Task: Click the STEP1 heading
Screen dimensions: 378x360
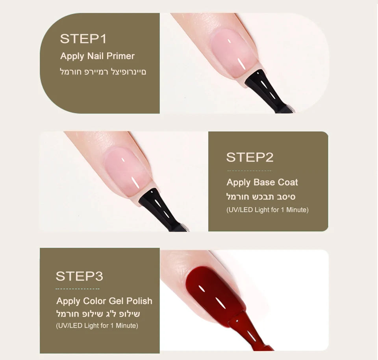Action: (x=83, y=39)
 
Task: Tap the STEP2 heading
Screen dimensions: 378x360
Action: (x=250, y=157)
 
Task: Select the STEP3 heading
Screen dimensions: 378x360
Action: (x=79, y=276)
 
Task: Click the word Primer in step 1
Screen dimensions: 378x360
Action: (x=120, y=56)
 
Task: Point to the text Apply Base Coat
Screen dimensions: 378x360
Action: (x=262, y=182)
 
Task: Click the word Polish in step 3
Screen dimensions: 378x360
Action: (x=139, y=301)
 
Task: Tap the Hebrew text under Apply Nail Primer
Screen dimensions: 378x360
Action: (x=103, y=72)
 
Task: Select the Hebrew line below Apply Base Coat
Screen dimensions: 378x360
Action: (x=261, y=197)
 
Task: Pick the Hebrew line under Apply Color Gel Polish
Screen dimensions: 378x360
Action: (x=98, y=314)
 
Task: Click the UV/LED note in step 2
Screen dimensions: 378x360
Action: (x=268, y=210)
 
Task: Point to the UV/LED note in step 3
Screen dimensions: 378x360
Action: (x=97, y=326)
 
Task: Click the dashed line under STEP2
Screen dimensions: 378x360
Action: (x=249, y=171)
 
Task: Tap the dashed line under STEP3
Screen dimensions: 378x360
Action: (x=78, y=289)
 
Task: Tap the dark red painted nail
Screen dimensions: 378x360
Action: (x=215, y=293)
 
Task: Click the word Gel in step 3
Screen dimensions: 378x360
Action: (x=117, y=301)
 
